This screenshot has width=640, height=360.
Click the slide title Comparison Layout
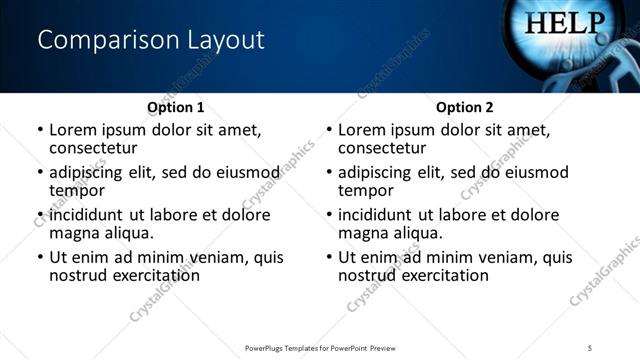(151, 40)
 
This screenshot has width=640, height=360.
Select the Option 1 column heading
(176, 107)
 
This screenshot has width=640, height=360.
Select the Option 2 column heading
(465, 107)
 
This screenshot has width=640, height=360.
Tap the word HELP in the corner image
(566, 22)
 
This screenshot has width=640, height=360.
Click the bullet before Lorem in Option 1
(40, 130)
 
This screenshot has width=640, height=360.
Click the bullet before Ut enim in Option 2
(329, 257)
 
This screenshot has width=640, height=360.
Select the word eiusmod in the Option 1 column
(245, 172)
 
